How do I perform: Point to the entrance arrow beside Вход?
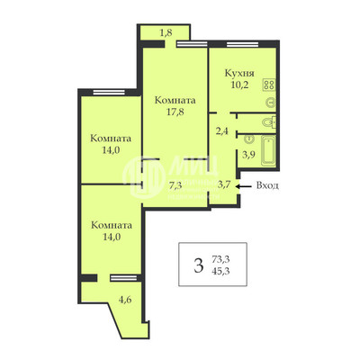tap(245, 186)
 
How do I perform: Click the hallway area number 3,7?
tap(226, 184)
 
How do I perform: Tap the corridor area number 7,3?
tap(176, 185)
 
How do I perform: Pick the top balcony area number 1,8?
tap(165, 33)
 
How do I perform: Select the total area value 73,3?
tap(220, 258)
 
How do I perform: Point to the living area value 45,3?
tap(220, 271)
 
